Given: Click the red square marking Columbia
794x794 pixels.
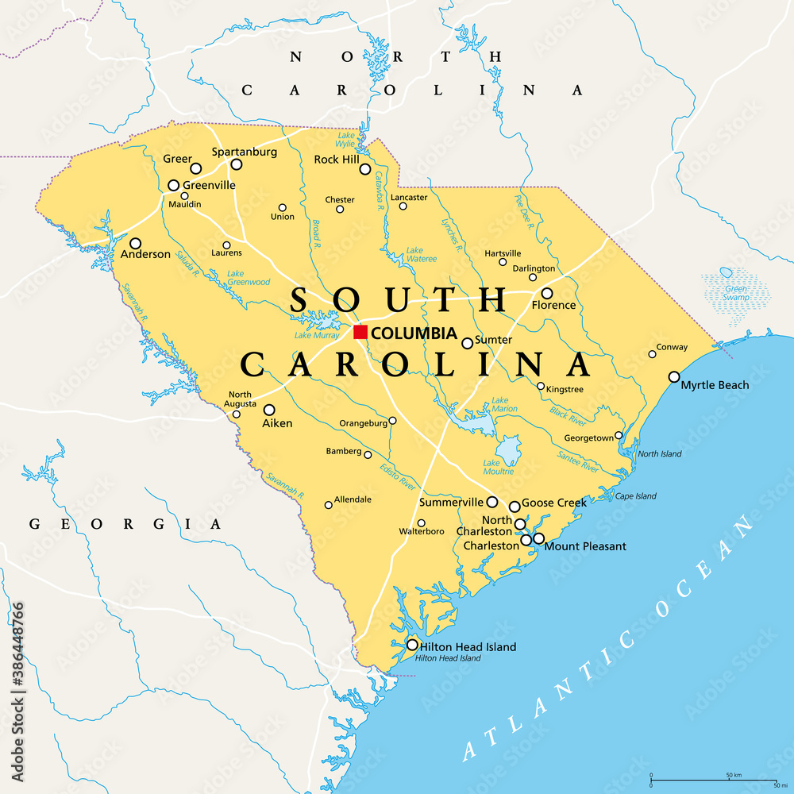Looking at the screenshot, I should click(360, 332).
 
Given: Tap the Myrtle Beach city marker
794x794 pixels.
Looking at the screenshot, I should click(674, 376).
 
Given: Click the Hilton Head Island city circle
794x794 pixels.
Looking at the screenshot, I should click(412, 645).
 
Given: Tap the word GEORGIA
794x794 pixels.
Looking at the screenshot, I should click(125, 524).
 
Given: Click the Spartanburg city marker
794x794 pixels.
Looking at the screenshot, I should click(236, 164).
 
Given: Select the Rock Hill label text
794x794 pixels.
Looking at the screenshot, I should click(336, 160).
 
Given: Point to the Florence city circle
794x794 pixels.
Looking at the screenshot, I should click(547, 293).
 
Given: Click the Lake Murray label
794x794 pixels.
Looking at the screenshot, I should click(317, 336).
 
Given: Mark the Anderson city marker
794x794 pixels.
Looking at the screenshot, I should click(136, 244).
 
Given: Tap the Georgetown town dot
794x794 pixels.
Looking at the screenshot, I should click(619, 436).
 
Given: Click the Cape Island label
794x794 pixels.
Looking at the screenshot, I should click(636, 496).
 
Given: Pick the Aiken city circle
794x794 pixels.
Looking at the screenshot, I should click(269, 410).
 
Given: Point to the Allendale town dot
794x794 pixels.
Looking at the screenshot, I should click(328, 505).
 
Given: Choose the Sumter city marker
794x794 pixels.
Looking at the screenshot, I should click(467, 343).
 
